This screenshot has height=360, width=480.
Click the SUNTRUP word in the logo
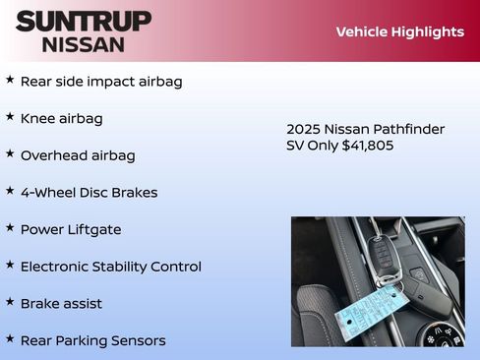(x=84, y=21)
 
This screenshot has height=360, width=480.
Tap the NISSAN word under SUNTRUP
(x=84, y=44)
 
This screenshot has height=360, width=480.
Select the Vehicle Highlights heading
(x=399, y=31)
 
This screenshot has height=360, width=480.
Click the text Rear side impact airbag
(x=101, y=82)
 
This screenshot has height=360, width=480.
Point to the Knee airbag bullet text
(x=61, y=119)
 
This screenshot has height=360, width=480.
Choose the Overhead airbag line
(x=78, y=155)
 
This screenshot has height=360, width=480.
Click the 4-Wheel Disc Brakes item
(x=89, y=193)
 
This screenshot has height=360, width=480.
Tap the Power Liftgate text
(x=71, y=229)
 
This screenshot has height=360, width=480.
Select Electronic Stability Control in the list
(x=110, y=267)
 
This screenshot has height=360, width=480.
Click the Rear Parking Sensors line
(x=92, y=340)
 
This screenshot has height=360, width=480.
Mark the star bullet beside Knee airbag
(x=10, y=117)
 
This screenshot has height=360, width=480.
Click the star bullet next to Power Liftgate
(x=10, y=228)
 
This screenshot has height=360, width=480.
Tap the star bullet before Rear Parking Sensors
(x=10, y=339)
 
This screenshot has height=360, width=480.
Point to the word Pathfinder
(x=407, y=129)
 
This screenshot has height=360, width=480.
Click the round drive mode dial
(x=437, y=334)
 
